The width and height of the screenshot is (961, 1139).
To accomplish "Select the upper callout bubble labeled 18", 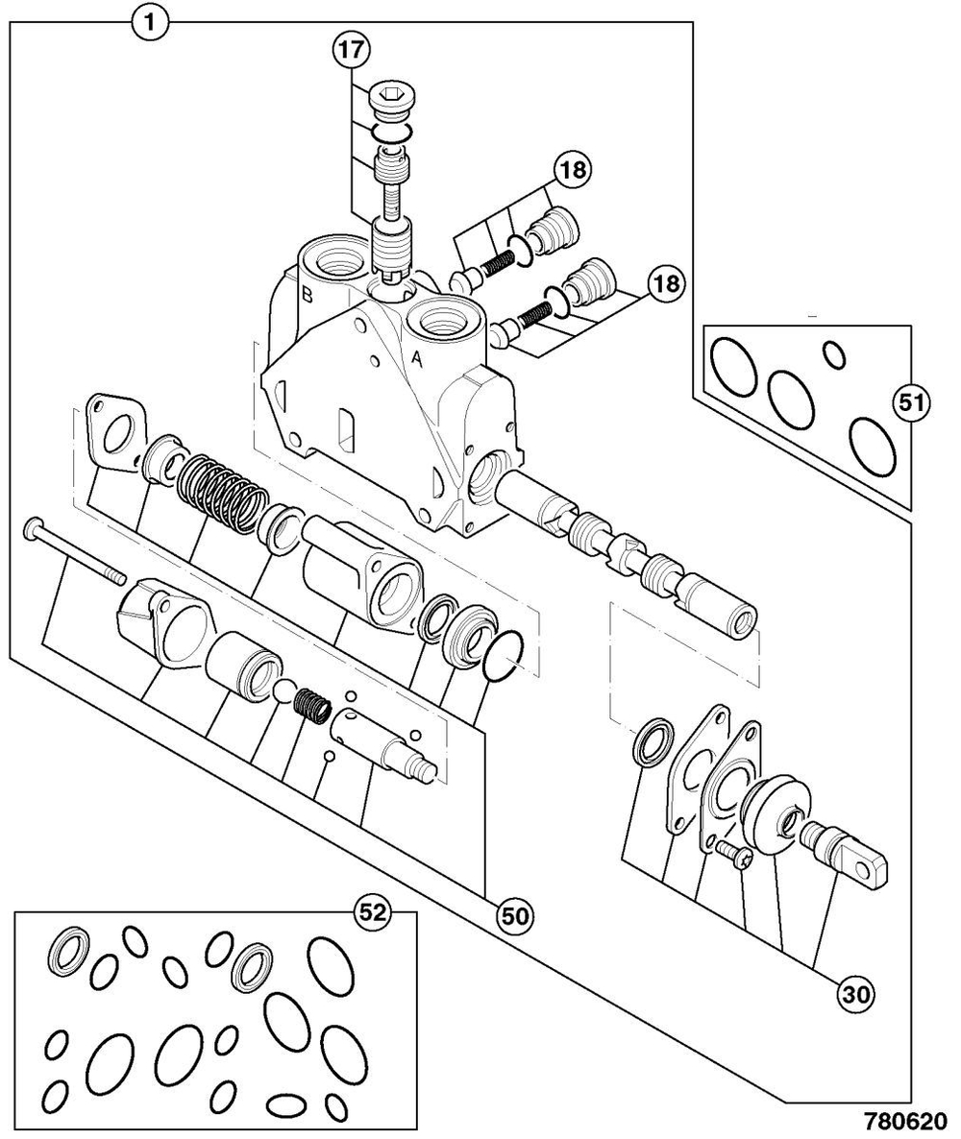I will tap(573, 171).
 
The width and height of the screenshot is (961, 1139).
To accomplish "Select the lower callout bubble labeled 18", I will tap(665, 282).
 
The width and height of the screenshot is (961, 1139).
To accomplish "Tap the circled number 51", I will tap(908, 403).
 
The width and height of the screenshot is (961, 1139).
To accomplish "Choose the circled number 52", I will tap(372, 913).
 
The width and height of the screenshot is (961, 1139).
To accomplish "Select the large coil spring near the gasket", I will tap(221, 485).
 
